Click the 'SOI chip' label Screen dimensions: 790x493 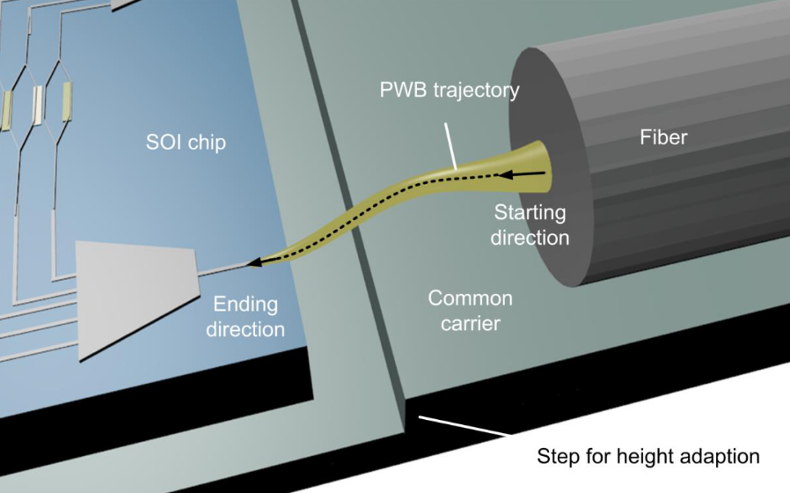pos(186,143)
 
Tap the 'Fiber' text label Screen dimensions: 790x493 pos(663,137)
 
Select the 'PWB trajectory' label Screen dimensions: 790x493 pos(450,90)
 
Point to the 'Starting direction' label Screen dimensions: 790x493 pos(530,224)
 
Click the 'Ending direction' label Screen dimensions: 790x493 pos(245,317)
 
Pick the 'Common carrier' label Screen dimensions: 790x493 pos(470,311)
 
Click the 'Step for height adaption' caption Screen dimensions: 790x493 pos(647,456)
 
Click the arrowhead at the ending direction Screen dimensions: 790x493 pos(255,262)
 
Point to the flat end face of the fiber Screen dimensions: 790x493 pos(550,166)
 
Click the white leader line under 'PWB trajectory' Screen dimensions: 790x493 pos(450,147)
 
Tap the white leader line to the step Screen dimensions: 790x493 pos(464,425)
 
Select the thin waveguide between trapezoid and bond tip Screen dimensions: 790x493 pos(223,269)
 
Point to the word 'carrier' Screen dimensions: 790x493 pos(470,323)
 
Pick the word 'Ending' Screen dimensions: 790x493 pos(245,305)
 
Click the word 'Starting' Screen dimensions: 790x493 pos(530,213)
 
